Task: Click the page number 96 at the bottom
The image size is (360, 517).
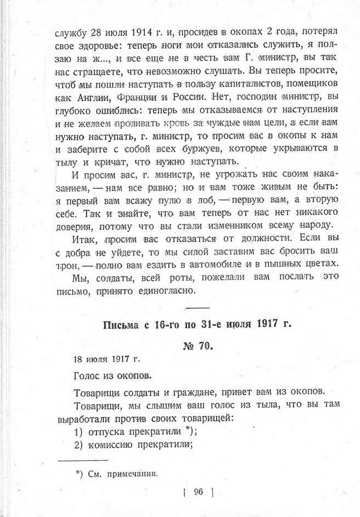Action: click(198, 492)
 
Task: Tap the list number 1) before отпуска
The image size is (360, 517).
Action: click(78, 432)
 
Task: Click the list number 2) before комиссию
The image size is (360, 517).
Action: click(78, 445)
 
